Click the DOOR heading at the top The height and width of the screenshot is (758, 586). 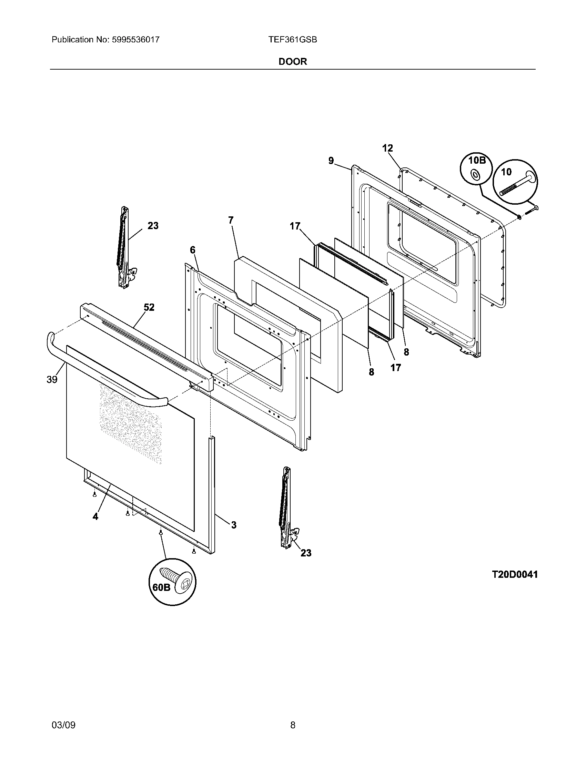293,62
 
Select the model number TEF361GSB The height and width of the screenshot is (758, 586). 292,40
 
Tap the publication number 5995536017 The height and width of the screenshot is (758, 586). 135,40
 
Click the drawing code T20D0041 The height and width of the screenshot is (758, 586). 515,574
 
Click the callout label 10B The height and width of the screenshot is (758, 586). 476,160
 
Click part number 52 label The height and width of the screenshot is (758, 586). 149,307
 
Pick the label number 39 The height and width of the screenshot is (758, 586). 52,380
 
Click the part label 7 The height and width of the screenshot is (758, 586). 231,220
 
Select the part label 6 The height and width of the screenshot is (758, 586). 192,250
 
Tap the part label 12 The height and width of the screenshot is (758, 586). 387,148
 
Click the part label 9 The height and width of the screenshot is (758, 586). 331,160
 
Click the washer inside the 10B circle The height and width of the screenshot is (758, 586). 474,175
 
